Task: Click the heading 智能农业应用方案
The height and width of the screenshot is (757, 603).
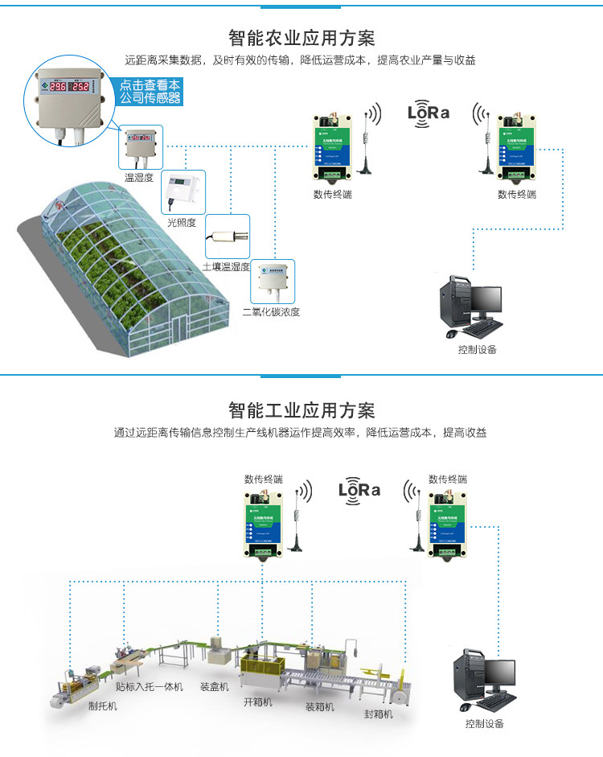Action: coord(301,39)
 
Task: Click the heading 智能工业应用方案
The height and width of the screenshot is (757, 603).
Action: coord(301,411)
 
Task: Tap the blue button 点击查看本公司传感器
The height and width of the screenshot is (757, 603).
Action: coord(150,91)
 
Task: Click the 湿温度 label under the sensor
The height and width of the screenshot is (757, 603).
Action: coord(138,177)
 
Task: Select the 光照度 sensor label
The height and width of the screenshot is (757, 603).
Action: coord(181,222)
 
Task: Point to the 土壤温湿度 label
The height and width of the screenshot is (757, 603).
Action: coord(226,266)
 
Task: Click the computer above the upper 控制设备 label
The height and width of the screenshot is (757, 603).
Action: coord(470,306)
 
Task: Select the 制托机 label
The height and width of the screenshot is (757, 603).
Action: coord(102,706)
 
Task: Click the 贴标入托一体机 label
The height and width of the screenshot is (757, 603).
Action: coord(149,687)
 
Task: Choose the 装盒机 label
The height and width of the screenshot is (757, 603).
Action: coord(215,687)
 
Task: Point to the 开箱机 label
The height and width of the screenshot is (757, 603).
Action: coord(258,701)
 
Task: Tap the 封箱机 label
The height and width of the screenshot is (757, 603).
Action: coord(378,714)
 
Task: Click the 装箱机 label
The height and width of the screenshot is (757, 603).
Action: coord(319,707)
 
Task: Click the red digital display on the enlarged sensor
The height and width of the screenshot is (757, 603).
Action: coord(69,87)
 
